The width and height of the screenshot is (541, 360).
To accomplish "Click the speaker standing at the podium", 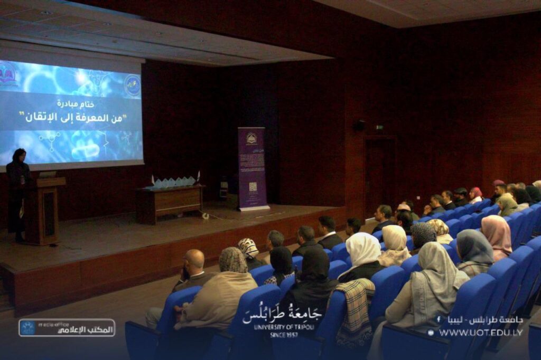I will click(x=18, y=190).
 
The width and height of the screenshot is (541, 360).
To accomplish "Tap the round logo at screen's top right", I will click(x=133, y=84).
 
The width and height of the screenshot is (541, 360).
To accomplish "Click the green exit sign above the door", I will click(x=379, y=127).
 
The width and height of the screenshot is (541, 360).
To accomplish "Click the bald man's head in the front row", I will click(x=194, y=259).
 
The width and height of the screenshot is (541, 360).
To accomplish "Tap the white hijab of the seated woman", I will click(x=363, y=249).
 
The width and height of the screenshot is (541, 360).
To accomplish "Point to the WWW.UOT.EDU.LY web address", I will click(x=481, y=333).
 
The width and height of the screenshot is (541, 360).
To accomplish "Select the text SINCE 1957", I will click(x=284, y=335).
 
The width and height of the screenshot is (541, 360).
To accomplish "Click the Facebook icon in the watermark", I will click(x=439, y=320).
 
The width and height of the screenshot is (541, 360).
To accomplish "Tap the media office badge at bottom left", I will click(x=67, y=328).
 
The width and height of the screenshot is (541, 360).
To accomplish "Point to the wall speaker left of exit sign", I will click(x=360, y=125).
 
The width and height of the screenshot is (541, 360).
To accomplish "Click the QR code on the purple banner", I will click(x=253, y=186).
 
